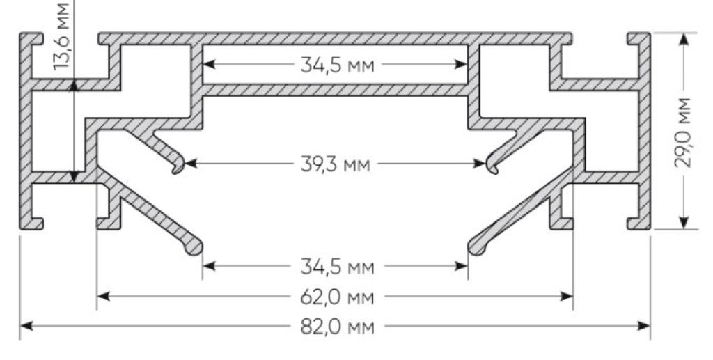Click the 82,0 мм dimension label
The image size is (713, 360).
338,327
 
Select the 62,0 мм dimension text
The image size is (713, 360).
338,297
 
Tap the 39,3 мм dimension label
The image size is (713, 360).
335,164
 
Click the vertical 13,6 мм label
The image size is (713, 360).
61,36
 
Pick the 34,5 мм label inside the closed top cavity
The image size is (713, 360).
338,65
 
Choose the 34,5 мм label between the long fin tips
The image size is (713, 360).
338,267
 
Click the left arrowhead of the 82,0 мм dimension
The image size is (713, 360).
26,326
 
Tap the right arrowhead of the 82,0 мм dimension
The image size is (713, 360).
644,326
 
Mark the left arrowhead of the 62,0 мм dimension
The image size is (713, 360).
103,297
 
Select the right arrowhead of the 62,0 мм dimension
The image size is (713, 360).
567,297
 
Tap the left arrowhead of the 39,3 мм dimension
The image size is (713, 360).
191,163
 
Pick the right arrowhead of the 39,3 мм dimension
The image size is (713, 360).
480,163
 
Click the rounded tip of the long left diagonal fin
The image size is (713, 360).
194,249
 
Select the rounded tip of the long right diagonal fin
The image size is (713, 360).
476,249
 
